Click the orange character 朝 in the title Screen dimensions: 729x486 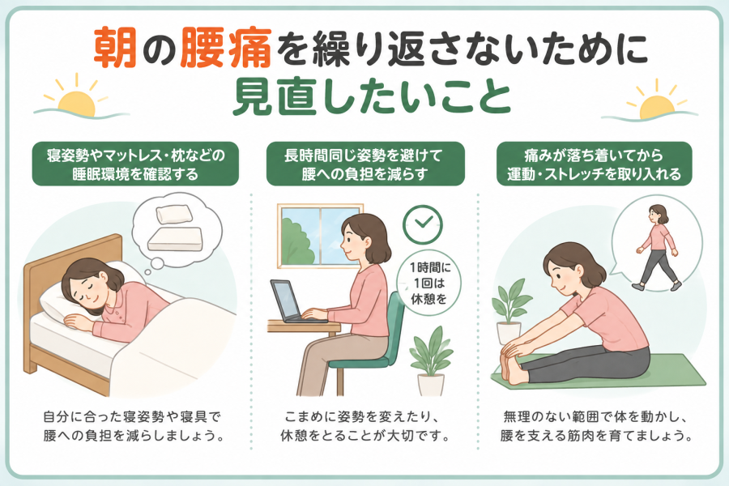point(115,49)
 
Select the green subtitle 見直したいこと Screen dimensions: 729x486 point(372,98)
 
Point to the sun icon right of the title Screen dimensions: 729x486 point(653,102)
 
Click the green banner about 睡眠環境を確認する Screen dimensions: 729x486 point(135,164)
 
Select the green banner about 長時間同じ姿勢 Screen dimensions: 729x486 point(365,164)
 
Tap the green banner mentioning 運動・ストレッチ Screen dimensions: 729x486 point(595,164)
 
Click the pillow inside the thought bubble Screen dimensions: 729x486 point(174,214)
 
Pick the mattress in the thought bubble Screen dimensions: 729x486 point(175,239)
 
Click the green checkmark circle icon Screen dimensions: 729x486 point(423,224)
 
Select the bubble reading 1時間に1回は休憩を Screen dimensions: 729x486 point(428,283)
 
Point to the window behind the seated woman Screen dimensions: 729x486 point(313,237)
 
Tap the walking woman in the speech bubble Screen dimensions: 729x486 point(659,247)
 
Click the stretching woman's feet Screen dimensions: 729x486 point(511,365)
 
